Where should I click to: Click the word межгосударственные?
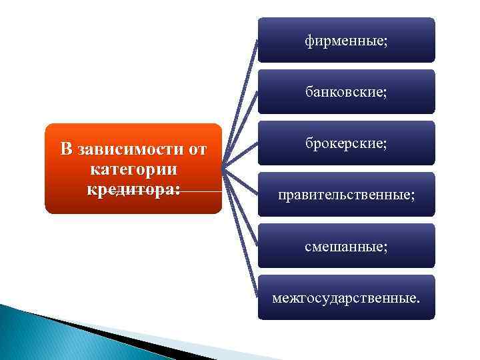click(343, 297)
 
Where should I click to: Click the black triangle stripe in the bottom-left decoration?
click(100, 333)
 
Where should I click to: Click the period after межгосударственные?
click(419, 300)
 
